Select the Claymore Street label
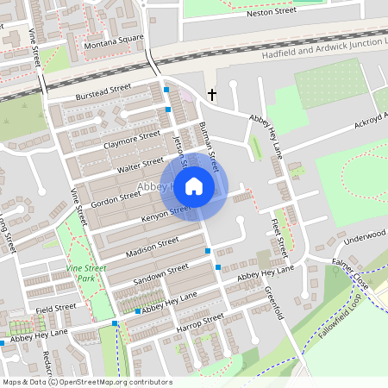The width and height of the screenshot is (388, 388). tap(133, 140)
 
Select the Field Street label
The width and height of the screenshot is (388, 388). tap(56, 307)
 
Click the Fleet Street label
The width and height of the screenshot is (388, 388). tap(278, 235)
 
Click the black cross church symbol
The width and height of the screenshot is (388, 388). tap(212, 94)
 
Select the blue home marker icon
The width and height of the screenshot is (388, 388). tap(194, 186)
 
